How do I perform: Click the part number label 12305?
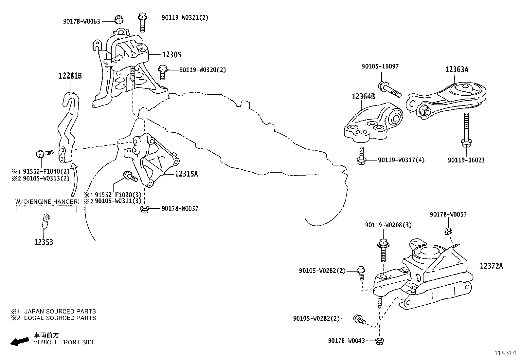172,55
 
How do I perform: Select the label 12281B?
70,76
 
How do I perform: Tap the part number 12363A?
457,69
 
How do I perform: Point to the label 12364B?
363,97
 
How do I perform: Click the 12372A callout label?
491,266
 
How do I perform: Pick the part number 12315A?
187,174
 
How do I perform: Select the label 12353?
44,242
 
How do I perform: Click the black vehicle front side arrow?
19,341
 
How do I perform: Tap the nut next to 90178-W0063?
119,20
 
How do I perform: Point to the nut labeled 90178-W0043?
380,341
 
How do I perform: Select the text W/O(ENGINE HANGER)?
47,202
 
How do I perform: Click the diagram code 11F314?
505,353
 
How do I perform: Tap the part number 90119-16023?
466,160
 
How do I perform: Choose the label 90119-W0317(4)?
401,160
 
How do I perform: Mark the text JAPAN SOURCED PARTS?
60,311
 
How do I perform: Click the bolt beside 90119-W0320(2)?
162,72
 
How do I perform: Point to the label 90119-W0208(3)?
388,225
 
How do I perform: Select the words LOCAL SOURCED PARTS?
60,318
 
